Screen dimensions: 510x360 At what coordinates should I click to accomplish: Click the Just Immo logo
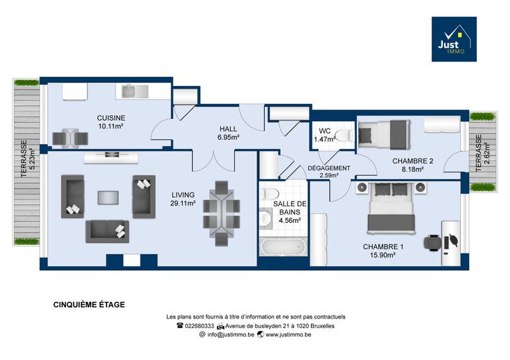coord(454,39)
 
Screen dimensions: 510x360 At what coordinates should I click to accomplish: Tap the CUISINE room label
coord(111,118)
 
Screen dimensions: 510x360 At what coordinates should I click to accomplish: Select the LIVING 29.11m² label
coord(183,199)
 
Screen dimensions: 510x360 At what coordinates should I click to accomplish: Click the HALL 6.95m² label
coord(229,133)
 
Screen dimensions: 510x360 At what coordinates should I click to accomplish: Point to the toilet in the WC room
coord(344,136)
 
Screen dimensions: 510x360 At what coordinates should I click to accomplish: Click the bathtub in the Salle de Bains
coord(283,246)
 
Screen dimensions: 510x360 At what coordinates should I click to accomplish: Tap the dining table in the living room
coord(222,214)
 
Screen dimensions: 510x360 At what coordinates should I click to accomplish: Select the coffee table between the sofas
coord(108,197)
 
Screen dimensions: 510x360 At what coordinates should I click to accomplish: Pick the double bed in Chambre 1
coord(391,208)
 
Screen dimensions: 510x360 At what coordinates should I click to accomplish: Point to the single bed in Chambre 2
coord(384,135)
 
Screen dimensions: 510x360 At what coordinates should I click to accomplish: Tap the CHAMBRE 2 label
coord(412,161)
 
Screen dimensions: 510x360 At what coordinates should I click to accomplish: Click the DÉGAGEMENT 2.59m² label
coord(329,172)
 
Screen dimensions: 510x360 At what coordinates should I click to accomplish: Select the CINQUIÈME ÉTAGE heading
coord(89,305)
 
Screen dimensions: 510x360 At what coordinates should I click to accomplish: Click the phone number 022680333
coord(200,326)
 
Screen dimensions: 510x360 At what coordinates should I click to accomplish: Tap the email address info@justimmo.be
coord(231,334)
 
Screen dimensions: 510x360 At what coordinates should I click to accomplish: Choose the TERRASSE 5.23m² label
coord(27,159)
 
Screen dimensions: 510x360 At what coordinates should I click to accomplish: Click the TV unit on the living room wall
coord(111,158)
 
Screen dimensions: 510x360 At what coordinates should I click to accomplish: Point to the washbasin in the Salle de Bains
coord(265,218)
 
